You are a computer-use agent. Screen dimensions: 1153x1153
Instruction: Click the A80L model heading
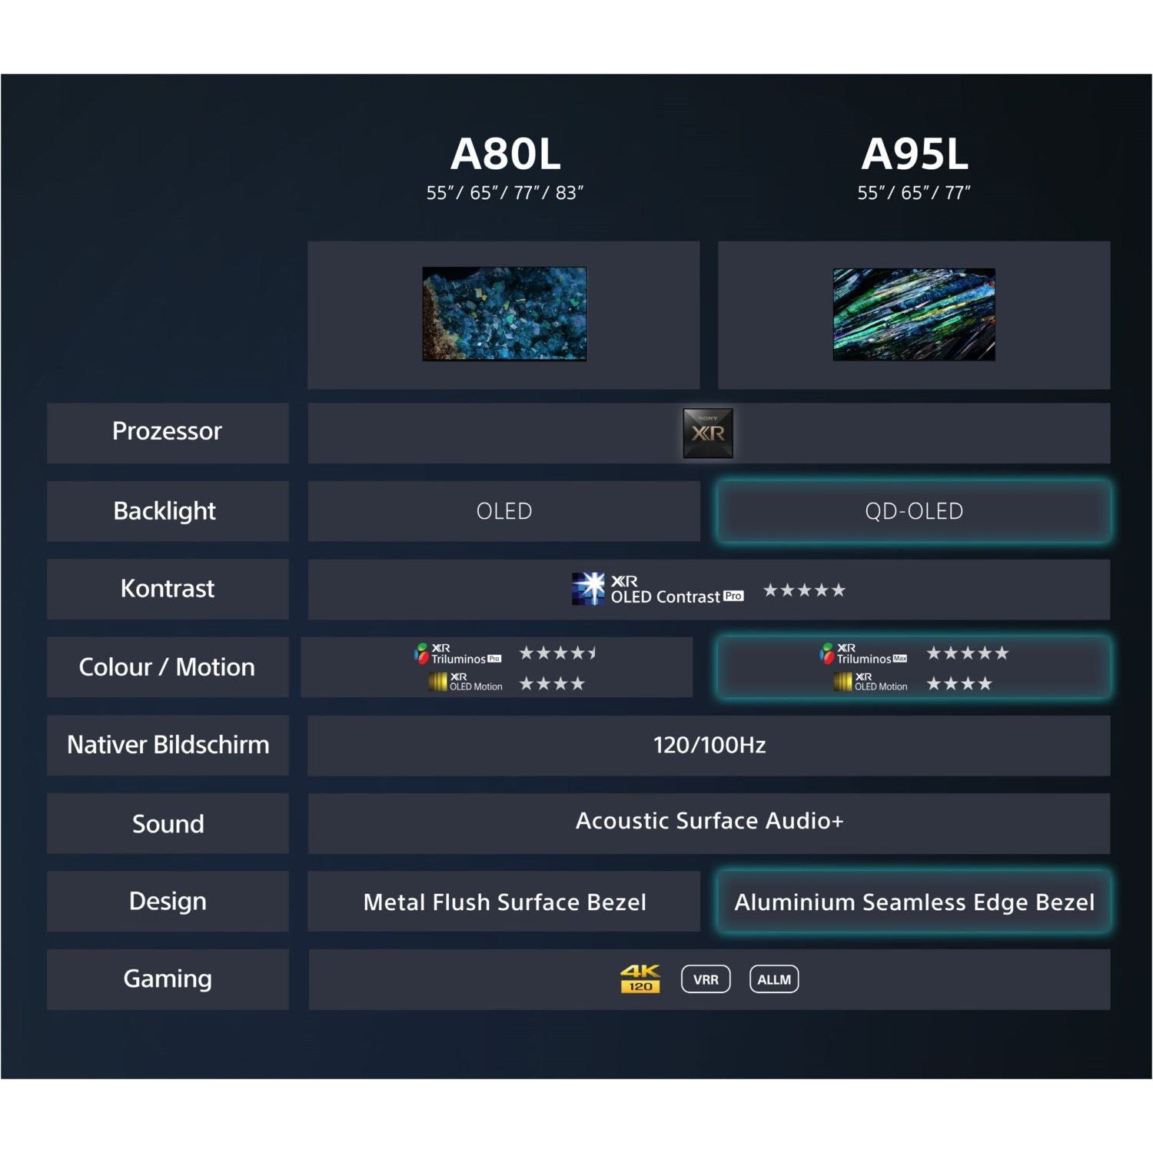pyautogui.click(x=505, y=155)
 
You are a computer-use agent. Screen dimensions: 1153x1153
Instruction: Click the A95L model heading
pyautogui.click(x=914, y=155)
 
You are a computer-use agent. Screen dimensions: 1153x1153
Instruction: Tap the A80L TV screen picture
pyautogui.click(x=504, y=314)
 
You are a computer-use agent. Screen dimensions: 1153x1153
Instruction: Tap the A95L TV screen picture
pyautogui.click(x=914, y=314)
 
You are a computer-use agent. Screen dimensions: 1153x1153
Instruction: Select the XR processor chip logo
pyautogui.click(x=708, y=434)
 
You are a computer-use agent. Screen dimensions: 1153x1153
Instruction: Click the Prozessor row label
pyautogui.click(x=167, y=431)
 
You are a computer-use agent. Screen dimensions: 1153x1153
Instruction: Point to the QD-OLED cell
pyautogui.click(x=914, y=511)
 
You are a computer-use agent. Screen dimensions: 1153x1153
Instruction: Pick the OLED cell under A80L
pyautogui.click(x=504, y=511)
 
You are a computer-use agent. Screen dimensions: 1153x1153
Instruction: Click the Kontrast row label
pyautogui.click(x=167, y=589)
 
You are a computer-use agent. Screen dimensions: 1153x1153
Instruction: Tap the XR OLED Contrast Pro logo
pyautogui.click(x=657, y=590)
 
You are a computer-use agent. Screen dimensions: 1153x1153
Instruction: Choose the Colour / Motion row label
pyautogui.click(x=167, y=667)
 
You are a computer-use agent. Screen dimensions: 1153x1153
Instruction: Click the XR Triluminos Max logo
pyautogui.click(x=863, y=654)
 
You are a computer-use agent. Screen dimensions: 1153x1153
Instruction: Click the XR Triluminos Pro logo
pyautogui.click(x=458, y=654)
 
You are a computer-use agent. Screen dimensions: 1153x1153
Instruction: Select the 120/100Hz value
pyautogui.click(x=709, y=745)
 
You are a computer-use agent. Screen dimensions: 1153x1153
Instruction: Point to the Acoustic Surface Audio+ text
pyautogui.click(x=709, y=821)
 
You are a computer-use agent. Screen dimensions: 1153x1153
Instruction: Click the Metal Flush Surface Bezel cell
pyautogui.click(x=504, y=902)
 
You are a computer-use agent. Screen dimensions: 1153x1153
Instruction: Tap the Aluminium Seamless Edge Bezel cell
pyautogui.click(x=914, y=902)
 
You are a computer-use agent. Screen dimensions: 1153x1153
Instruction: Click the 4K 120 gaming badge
pyautogui.click(x=640, y=979)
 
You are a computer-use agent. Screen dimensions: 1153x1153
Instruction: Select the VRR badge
pyautogui.click(x=706, y=979)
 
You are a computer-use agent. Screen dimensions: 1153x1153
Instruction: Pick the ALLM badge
pyautogui.click(x=774, y=979)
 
